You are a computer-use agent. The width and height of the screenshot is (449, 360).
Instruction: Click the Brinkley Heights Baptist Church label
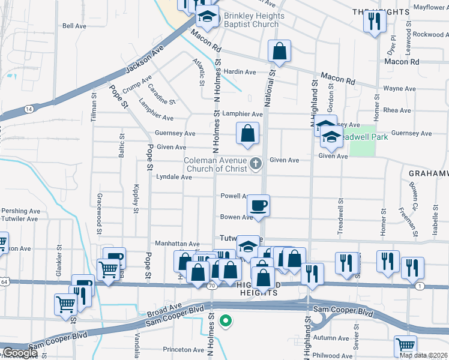[x=251, y=20]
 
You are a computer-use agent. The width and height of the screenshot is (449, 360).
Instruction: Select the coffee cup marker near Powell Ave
[x=258, y=205]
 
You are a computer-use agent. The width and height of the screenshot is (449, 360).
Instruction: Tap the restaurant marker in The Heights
[x=374, y=22]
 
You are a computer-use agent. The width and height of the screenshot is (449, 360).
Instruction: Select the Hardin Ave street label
[x=240, y=72]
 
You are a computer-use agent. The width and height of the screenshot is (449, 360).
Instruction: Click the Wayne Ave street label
[x=399, y=89]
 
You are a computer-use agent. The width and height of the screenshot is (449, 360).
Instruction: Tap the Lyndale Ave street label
[x=173, y=178]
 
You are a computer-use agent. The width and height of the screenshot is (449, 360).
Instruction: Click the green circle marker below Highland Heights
[x=226, y=321]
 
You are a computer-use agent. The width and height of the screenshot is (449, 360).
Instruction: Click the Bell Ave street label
[x=75, y=26]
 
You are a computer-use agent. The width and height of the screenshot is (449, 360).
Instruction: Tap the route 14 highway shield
[x=29, y=109]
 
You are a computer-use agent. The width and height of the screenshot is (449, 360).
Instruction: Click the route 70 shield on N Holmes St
[x=211, y=286]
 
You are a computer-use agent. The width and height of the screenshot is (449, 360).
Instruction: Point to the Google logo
[x=19, y=353]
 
